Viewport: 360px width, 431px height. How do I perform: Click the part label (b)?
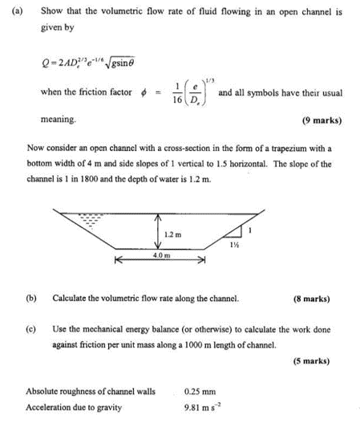click(31, 298)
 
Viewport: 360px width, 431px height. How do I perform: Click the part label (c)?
click(31, 329)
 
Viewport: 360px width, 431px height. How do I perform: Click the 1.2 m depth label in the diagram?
click(172, 234)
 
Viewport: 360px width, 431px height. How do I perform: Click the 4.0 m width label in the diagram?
click(160, 254)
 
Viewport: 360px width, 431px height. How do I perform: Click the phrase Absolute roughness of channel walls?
click(91, 392)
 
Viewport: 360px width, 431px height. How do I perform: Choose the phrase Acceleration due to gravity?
click(74, 407)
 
